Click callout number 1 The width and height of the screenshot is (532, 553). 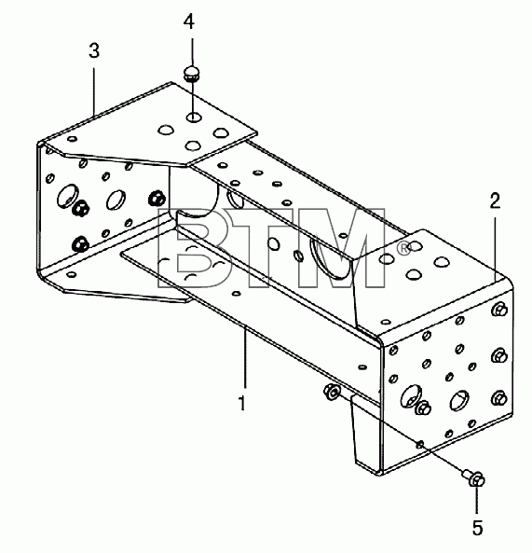(x=241, y=403)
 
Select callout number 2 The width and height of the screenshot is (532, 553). (x=495, y=201)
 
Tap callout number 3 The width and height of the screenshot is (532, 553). (x=94, y=50)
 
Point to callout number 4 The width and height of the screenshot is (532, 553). (x=189, y=21)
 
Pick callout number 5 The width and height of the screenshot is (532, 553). (x=477, y=528)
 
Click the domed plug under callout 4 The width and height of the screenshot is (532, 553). (x=192, y=74)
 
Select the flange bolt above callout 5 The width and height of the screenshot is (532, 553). (x=474, y=479)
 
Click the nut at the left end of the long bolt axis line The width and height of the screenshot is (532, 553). (x=331, y=392)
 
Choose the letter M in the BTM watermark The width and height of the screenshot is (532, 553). (x=337, y=247)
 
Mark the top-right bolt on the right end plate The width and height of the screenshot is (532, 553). (x=499, y=310)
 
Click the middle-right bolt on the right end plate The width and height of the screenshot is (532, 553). (x=499, y=356)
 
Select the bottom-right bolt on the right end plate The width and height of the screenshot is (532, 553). (x=498, y=398)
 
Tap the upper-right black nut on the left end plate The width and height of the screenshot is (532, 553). (x=157, y=199)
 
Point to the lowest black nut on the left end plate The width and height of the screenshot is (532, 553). (x=79, y=243)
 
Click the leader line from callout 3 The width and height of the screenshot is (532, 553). (x=94, y=91)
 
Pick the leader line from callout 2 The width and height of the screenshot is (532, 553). (x=495, y=249)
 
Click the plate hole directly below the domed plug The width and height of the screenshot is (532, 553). (x=193, y=118)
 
